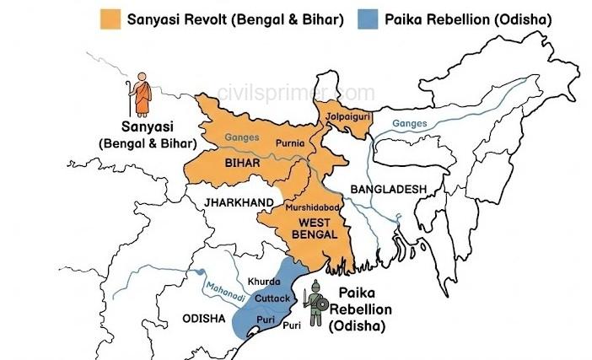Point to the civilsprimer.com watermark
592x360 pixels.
295,92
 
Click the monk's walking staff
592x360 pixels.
131,95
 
